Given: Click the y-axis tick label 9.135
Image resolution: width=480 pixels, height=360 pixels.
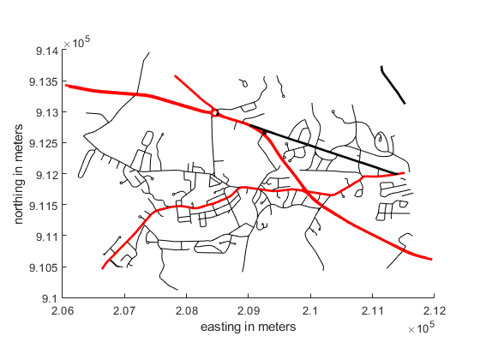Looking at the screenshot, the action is (x=44, y=82).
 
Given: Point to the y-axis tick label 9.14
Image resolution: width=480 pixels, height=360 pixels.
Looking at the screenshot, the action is (x=47, y=51).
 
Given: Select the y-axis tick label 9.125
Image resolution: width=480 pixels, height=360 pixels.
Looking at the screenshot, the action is (x=44, y=143).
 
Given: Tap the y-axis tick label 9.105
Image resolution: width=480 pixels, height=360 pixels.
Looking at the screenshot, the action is (x=44, y=267).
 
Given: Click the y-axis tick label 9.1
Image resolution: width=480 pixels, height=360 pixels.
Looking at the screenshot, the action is (x=51, y=298).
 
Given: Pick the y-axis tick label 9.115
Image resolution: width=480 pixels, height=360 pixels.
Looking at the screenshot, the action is (x=44, y=206).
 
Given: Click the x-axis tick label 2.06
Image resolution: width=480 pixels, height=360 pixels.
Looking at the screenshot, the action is (x=63, y=311).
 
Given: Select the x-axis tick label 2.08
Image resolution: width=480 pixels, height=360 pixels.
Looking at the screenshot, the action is (x=187, y=311).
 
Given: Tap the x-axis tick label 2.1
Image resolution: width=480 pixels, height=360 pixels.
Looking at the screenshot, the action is (x=310, y=311).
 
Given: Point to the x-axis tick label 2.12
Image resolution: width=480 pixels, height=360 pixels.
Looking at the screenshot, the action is (x=435, y=311).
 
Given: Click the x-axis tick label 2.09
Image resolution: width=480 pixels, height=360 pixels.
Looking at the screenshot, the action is (x=249, y=311).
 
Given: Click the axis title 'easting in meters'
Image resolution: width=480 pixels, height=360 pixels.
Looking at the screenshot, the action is (x=249, y=327).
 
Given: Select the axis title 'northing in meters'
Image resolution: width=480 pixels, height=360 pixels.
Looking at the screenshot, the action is (x=18, y=174).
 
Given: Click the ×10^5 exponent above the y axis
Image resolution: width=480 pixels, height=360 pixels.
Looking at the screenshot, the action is (x=76, y=43).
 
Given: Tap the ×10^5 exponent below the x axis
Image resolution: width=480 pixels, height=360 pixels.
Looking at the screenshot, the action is (x=421, y=327).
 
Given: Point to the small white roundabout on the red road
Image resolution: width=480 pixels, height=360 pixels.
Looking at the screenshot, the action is (x=215, y=113).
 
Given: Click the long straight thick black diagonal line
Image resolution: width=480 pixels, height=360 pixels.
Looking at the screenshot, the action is (x=324, y=150).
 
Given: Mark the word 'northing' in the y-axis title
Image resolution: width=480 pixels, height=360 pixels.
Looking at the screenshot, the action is (x=18, y=199).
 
